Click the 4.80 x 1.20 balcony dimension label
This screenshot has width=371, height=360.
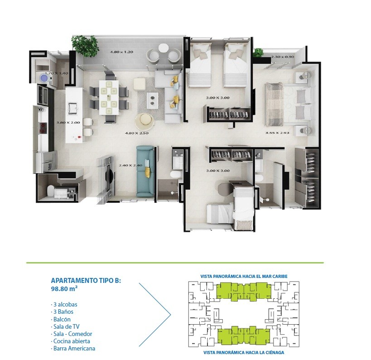click(x=121, y=52)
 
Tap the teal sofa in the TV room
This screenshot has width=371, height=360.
click(x=145, y=171)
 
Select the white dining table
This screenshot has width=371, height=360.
click(x=109, y=97)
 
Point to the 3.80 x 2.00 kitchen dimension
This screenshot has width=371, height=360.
click(x=68, y=123)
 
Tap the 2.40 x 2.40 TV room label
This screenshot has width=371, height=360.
click(x=130, y=165)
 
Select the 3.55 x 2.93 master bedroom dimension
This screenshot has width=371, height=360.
click(x=277, y=133)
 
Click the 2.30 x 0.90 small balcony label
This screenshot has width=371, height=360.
click(x=283, y=57)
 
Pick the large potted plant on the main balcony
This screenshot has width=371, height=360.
click(x=85, y=45)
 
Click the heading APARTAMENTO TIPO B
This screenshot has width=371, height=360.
click(x=86, y=281)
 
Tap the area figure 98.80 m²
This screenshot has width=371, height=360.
click(x=65, y=289)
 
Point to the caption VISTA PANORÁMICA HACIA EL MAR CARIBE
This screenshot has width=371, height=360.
click(x=244, y=277)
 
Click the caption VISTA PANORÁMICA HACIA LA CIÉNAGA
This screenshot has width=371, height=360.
click(x=244, y=352)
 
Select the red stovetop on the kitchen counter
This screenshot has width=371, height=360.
click(x=43, y=128)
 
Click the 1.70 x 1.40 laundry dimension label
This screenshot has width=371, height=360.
click(x=56, y=73)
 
